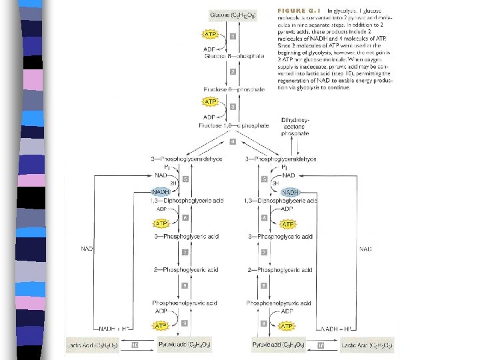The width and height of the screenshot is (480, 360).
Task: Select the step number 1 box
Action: [x=233, y=36]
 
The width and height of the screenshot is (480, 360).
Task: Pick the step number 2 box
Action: [x=233, y=71]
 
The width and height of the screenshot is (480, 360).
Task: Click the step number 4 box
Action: [x=233, y=142]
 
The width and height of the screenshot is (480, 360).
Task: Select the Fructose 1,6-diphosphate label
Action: [x=233, y=125]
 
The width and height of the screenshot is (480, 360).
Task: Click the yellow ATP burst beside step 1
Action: [x=211, y=33]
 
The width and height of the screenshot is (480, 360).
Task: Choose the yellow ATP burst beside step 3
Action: [x=211, y=101]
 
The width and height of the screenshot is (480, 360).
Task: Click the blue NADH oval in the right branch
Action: [x=290, y=191]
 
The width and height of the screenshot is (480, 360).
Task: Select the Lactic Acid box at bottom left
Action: [x=93, y=345]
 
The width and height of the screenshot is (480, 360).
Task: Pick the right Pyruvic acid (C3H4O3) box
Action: [x=280, y=345]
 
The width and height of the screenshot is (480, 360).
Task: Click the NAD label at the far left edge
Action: [x=87, y=249]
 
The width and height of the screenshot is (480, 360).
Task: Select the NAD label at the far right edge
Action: [x=366, y=249]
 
